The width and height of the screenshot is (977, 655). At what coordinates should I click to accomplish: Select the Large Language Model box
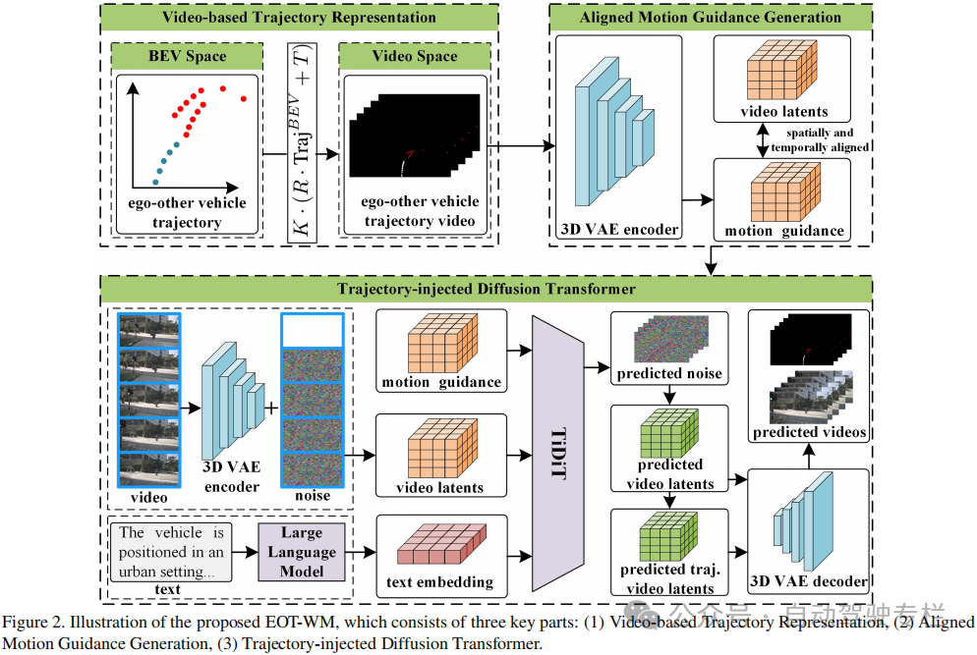(x=302, y=553)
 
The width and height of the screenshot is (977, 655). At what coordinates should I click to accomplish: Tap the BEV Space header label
(x=186, y=57)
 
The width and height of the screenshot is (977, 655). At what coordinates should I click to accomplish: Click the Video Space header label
(x=414, y=57)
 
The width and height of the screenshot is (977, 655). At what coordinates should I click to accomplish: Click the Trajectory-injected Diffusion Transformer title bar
(x=486, y=289)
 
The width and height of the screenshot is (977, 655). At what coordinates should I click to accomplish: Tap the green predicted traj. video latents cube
(x=666, y=535)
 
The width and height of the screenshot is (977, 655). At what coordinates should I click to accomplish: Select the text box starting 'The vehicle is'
(x=172, y=553)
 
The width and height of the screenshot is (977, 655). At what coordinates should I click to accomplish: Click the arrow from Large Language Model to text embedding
(x=361, y=553)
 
